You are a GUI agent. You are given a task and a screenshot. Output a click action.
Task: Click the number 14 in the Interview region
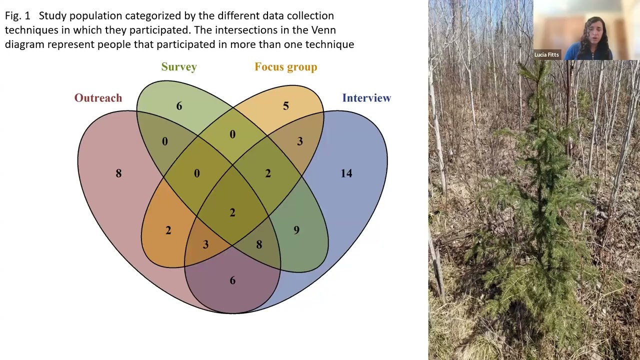(x=346, y=173)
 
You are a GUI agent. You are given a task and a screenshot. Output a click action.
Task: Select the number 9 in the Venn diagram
(x=296, y=230)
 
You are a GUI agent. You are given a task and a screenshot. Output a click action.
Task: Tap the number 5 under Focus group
(x=285, y=106)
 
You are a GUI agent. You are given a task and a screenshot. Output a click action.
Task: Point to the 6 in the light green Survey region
(x=179, y=106)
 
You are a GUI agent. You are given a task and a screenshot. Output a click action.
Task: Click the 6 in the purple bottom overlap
(x=232, y=280)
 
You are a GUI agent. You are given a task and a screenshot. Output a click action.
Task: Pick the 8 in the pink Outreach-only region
(x=118, y=173)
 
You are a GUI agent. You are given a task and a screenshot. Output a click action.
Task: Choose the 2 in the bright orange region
(x=168, y=230)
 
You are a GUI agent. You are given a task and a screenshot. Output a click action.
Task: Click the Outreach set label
(x=98, y=98)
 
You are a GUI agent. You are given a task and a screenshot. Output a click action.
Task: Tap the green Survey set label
(x=179, y=67)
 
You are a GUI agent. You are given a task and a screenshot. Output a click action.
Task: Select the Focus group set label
(x=285, y=67)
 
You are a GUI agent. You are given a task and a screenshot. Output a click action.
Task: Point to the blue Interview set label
(x=366, y=98)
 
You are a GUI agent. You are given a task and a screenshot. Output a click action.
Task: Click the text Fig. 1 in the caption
(x=17, y=16)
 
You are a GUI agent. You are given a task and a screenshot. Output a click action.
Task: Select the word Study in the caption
(x=52, y=16)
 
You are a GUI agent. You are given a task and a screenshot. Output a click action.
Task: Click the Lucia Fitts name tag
(x=546, y=55)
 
